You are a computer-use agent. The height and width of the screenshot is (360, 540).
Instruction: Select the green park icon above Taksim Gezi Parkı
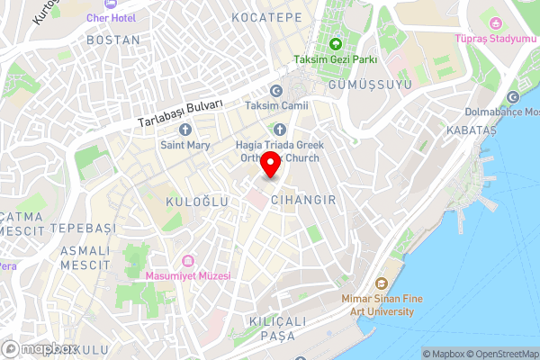point(335,44)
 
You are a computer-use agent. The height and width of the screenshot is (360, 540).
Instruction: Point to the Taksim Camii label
point(276,106)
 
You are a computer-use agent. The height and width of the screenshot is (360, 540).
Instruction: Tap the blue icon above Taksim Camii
point(276,90)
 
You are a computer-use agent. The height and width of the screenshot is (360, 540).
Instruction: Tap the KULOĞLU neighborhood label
point(196,203)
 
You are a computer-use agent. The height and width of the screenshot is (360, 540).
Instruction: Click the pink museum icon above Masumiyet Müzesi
point(187,260)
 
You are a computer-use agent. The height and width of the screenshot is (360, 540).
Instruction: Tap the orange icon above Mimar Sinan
point(380,283)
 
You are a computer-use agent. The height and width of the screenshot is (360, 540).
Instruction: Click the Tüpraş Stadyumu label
point(494,40)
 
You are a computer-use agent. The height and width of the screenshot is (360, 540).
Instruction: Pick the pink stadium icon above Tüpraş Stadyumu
point(494,22)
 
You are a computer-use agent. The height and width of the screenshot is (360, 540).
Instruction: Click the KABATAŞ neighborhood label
point(471,130)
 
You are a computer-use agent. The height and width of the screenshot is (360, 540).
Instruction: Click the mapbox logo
point(40,348)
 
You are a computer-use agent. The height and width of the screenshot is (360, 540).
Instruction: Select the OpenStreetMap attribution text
point(500,354)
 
